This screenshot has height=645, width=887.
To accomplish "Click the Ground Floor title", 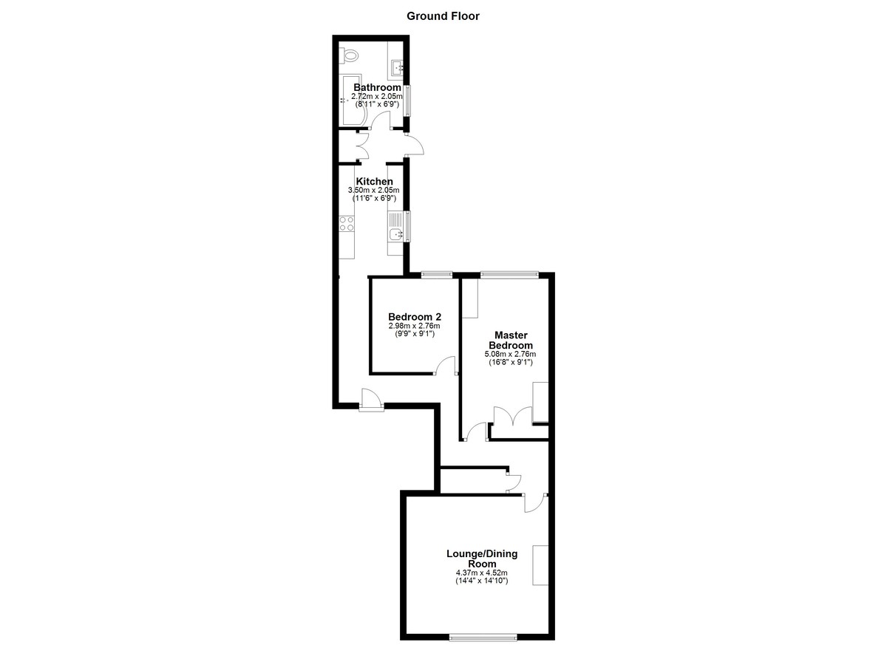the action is pos(443,16).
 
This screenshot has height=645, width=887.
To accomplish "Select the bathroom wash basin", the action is pos(397,68).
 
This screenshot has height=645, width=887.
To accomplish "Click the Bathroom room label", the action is pos(377,87).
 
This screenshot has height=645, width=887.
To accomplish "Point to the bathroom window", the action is pos(407,100).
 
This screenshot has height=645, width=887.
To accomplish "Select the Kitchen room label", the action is pos(374,181).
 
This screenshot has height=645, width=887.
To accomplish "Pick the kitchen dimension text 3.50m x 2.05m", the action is pos(374,191).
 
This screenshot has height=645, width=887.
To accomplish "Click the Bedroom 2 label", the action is pos(415,316).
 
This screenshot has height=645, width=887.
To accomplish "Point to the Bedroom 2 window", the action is pos(436,274).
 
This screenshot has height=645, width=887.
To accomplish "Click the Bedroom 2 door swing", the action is pos(446,365).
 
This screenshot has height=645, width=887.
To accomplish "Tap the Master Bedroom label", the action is pos(511,340).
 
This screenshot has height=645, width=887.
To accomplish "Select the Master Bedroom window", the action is pos(509,274).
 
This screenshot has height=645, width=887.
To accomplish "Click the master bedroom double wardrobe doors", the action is pos(513,415).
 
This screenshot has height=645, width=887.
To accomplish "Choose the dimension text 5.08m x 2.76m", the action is pos(511,354).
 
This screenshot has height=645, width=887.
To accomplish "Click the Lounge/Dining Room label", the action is pos(482,559).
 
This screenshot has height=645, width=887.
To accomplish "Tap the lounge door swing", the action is pos(535,503).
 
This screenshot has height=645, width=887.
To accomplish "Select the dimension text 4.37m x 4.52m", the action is pos(481,573).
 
